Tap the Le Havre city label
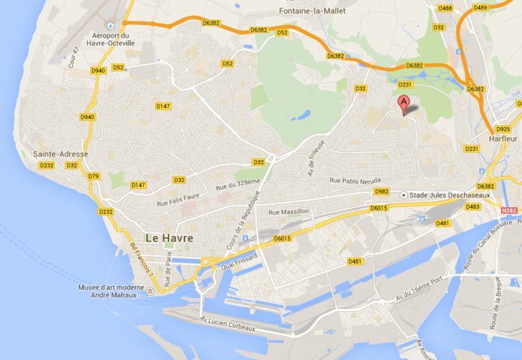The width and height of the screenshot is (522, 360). (169, 238)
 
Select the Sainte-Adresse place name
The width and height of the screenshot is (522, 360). (60, 154)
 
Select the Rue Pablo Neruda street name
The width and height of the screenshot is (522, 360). (356, 180)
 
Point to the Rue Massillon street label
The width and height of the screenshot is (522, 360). (289, 212)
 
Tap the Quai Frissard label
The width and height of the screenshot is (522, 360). (240, 261)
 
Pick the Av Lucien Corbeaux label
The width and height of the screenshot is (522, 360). (227, 324)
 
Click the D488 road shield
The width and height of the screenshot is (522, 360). (445, 8)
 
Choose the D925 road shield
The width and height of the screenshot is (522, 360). (503, 129)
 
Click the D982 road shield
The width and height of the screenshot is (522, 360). (382, 191)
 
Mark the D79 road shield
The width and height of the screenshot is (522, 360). (93, 176)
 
